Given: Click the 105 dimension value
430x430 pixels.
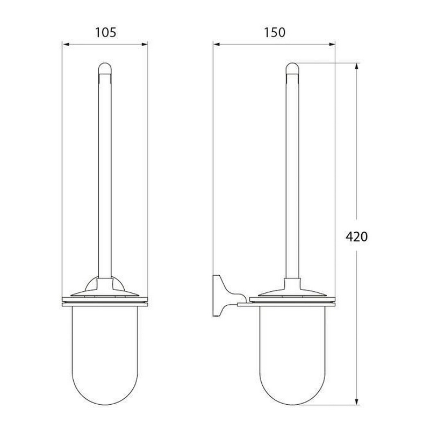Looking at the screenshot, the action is point(105,32).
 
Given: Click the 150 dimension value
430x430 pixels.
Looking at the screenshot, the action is point(275,32).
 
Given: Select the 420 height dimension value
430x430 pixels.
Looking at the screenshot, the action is point(356,236).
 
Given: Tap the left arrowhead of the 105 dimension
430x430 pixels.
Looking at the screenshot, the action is point(66,45).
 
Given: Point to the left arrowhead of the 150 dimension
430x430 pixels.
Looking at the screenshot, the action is point(217,45).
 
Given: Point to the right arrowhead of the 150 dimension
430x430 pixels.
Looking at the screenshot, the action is point(332,45).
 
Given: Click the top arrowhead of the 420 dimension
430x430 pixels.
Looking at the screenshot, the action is point(357,67).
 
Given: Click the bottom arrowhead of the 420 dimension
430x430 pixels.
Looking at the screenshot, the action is point(357,401).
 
